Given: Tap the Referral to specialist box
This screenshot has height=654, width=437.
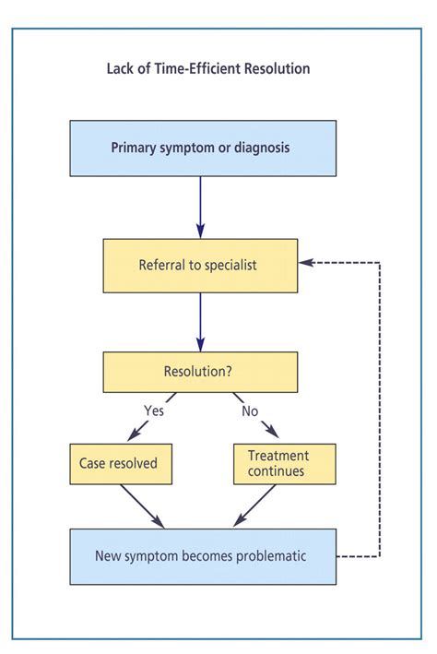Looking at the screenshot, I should (x=199, y=266).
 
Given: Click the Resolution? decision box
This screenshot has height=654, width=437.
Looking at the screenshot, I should (x=199, y=372).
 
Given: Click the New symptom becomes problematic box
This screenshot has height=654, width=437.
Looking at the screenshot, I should (x=203, y=556).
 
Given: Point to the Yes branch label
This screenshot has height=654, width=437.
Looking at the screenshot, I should (x=153, y=410).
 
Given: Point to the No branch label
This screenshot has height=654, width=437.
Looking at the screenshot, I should (x=250, y=410).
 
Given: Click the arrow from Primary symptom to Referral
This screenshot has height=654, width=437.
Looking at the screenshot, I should (x=200, y=207).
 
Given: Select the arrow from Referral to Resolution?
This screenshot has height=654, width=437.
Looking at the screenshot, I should (x=200, y=324).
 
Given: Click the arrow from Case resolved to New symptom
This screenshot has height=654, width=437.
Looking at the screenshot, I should (x=142, y=506).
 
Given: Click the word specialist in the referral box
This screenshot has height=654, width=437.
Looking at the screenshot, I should (x=229, y=266).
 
